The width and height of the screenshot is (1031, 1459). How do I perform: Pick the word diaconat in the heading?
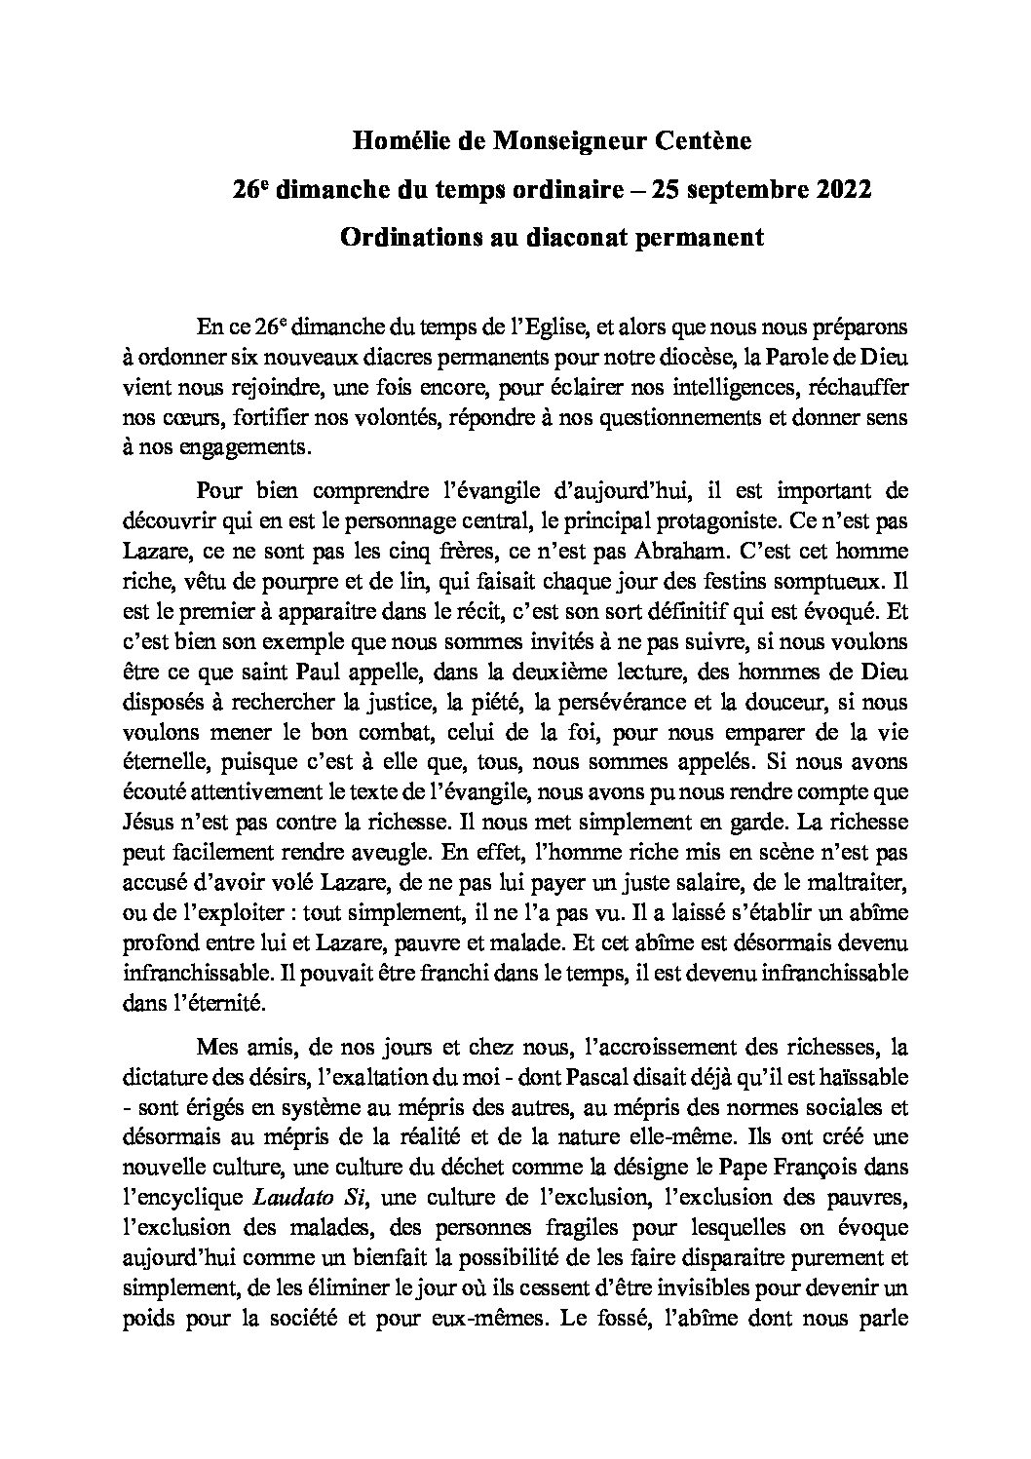[x=569, y=237]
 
